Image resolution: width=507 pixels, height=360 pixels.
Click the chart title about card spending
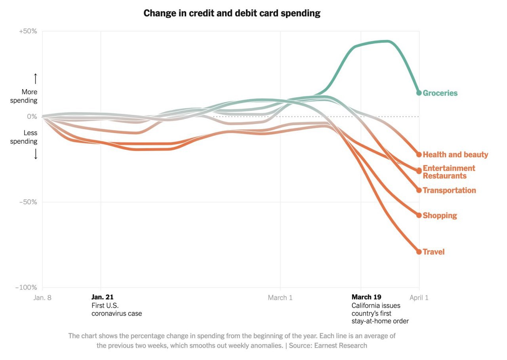click(232, 13)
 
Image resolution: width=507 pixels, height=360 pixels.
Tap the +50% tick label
click(28, 31)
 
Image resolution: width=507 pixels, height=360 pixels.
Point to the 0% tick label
click(31, 116)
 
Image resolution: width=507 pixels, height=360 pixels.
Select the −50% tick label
click(28, 202)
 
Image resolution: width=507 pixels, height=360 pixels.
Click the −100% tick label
click(26, 288)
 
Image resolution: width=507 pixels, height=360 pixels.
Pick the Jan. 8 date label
click(42, 297)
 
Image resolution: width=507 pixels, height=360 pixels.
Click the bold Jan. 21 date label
click(103, 297)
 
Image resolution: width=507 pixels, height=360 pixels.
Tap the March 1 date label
click(280, 297)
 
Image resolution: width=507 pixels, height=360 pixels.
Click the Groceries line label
click(440, 93)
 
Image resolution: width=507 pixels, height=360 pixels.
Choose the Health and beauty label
click(456, 154)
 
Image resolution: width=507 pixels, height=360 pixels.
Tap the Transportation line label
click(449, 190)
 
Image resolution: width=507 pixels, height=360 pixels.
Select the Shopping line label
click(440, 215)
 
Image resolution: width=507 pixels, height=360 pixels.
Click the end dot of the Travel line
click(419, 252)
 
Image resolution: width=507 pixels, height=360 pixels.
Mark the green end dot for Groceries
click(419, 93)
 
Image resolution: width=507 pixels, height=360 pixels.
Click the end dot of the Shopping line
click(419, 215)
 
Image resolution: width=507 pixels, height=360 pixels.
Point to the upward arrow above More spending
click(35, 78)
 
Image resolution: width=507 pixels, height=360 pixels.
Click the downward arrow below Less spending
click(35, 154)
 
